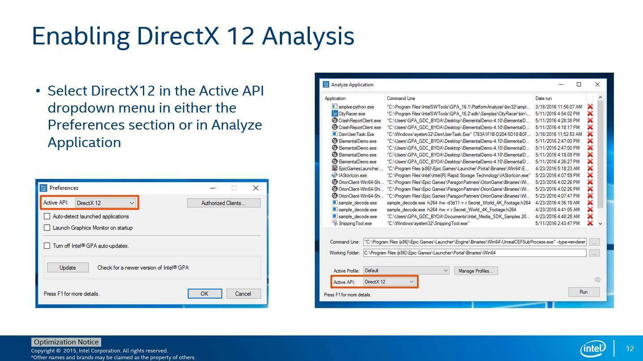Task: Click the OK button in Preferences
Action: click(205, 294)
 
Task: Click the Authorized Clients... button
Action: click(223, 203)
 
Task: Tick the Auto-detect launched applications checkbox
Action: click(47, 216)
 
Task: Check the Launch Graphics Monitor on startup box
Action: click(47, 228)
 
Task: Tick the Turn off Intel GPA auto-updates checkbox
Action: click(47, 246)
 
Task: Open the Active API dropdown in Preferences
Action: click(106, 203)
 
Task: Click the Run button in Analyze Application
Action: click(583, 292)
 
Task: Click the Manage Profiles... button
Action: click(476, 271)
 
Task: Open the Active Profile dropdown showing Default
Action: click(406, 271)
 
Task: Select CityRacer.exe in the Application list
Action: click(352, 114)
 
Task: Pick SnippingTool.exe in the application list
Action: click(355, 223)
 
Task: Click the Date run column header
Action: click(544, 98)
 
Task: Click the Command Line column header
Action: click(401, 98)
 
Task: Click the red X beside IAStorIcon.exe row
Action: click(590, 175)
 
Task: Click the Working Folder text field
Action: click(474, 253)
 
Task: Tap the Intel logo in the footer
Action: click(592, 348)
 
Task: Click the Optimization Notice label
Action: click(66, 342)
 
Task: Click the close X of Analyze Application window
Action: click(597, 84)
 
